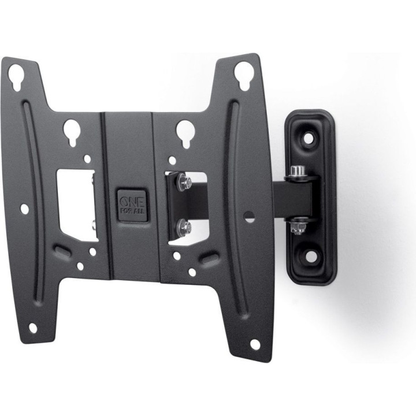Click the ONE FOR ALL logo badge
coord(132,205)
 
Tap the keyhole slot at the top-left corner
coord(16,77)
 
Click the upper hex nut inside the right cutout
coord(184,182)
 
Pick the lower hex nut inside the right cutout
coord(184,226)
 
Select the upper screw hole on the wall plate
coord(309,138)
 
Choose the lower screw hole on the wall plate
coord(311,257)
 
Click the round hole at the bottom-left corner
coord(33,328)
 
